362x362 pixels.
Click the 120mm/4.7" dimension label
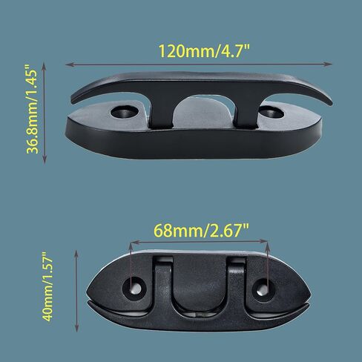coord(204,51)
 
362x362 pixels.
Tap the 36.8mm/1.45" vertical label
coord(33,109)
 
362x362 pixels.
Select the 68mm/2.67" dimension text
coord(201,231)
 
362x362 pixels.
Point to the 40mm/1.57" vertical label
coord(47,287)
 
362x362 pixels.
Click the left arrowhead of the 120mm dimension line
coord(70,65)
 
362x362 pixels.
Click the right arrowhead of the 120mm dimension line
coord(328,65)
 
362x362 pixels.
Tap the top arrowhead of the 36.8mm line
coord(44,66)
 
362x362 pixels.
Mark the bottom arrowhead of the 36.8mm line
coord(45,159)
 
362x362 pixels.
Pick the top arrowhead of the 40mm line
coord(76,254)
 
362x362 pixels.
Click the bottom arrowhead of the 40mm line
coord(76,328)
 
